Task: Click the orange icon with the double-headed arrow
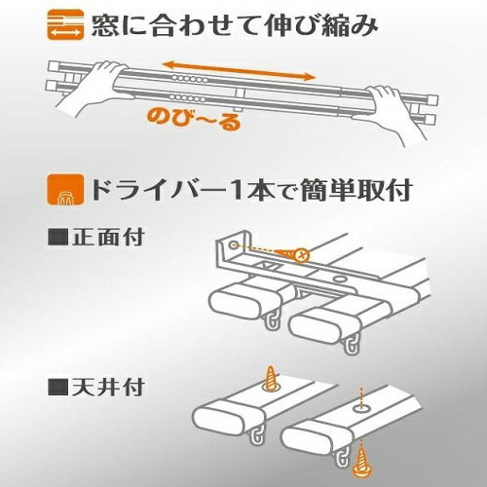tap(65, 24)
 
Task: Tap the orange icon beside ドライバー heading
tap(65, 190)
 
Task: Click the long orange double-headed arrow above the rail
tap(239, 70)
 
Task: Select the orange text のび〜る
tap(194, 120)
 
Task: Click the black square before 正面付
tap(57, 238)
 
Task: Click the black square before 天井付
tap(57, 387)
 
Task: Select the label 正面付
tap(108, 238)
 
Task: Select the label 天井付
tap(108, 387)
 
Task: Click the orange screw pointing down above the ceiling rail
tap(271, 379)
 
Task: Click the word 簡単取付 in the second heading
tap(356, 190)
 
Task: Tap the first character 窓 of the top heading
tap(103, 25)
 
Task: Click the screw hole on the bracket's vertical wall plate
tap(233, 245)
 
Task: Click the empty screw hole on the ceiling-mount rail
tap(360, 408)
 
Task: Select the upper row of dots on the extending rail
tap(190, 79)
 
